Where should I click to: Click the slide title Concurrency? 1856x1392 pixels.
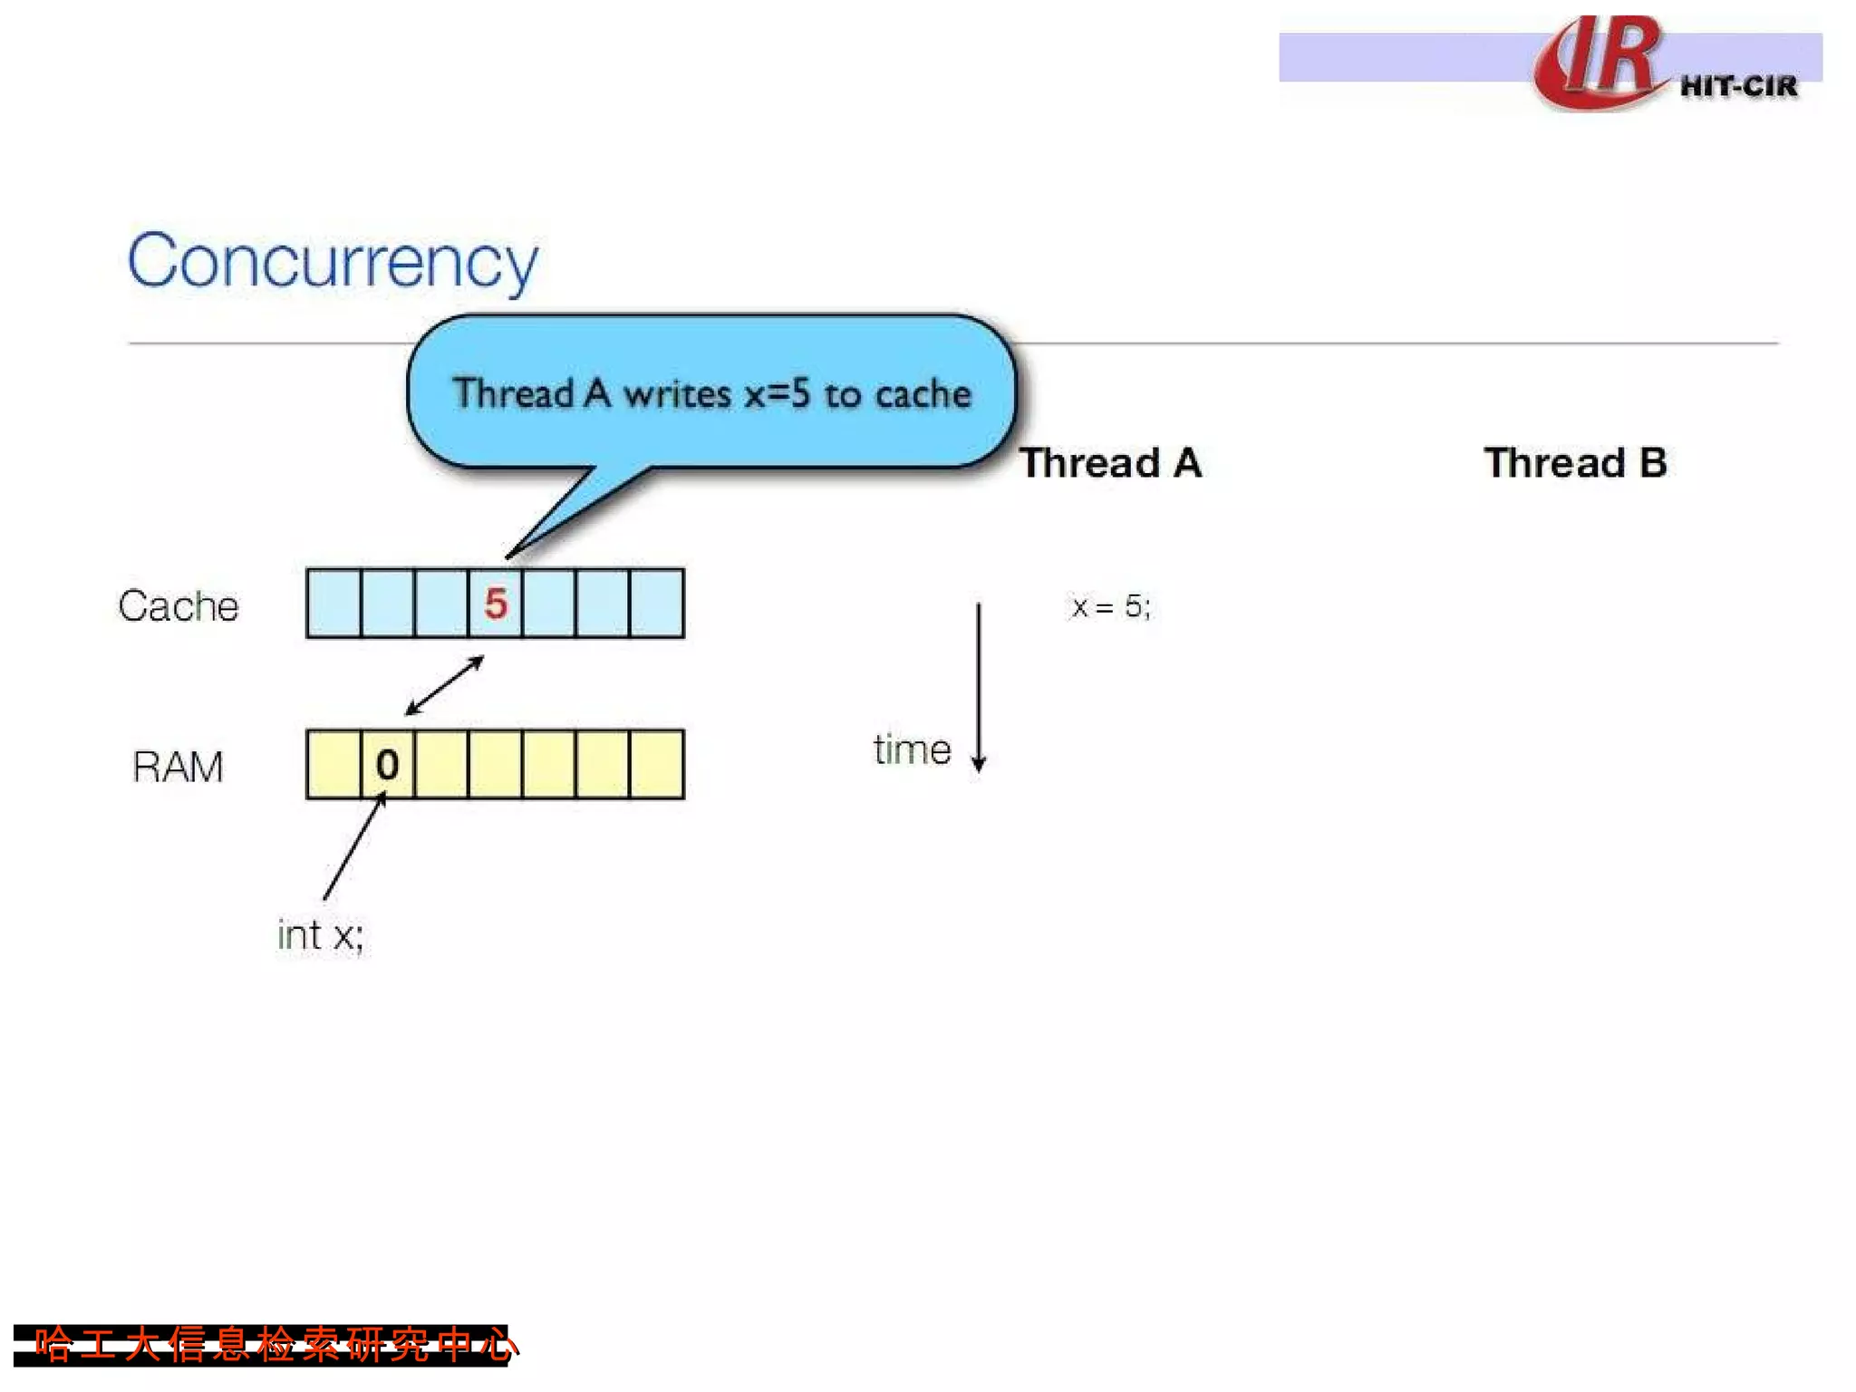click(333, 261)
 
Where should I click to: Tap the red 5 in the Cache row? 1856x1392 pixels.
click(495, 604)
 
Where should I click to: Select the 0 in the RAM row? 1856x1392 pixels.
click(387, 765)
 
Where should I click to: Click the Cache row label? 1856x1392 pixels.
click(179, 605)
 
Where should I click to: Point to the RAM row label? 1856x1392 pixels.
click(178, 767)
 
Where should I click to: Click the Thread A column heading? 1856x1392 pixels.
click(1111, 463)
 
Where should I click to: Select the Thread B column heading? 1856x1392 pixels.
click(1575, 463)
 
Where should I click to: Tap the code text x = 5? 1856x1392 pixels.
click(1110, 606)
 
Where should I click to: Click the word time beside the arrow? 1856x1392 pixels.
click(912, 750)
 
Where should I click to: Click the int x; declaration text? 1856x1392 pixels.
click(321, 935)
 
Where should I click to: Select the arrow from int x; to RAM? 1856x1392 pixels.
click(354, 846)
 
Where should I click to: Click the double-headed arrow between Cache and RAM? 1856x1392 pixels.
click(444, 686)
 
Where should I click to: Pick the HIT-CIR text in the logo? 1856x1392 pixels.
click(1738, 87)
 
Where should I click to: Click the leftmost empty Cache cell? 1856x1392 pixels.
click(333, 604)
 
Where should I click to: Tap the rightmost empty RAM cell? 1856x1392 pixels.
click(657, 765)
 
